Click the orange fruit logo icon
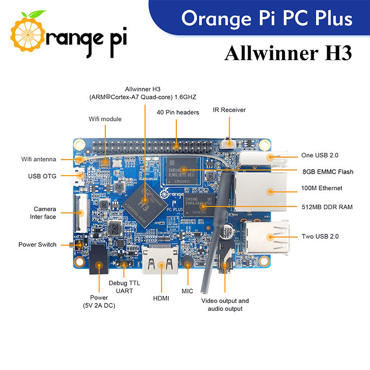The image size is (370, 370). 30,34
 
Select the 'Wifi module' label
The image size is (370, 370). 105,119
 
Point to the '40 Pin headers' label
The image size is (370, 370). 178,112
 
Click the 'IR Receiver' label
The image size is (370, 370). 229,110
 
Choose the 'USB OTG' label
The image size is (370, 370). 42,176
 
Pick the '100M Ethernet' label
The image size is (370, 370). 322,188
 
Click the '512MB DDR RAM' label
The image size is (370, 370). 327,207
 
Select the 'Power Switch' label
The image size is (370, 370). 37,245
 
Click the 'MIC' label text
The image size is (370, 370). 187,291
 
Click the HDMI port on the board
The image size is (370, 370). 161,260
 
